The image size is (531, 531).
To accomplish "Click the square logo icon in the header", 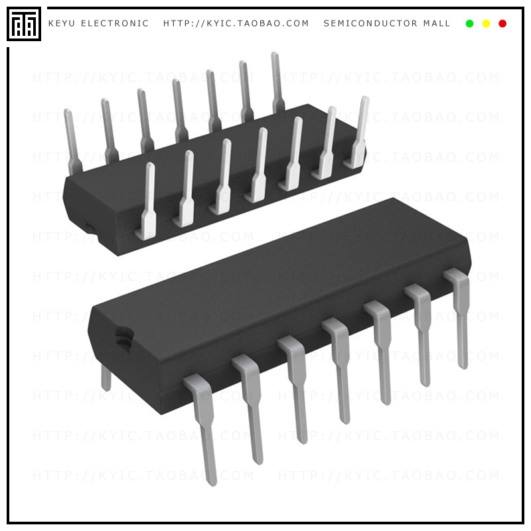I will tap(24, 24).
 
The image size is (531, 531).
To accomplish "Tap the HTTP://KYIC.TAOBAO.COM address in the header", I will tap(236, 24).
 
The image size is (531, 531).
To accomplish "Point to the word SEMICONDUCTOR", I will tap(370, 24).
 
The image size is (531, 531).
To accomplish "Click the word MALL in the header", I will tap(437, 24).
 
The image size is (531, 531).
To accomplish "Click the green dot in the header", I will tap(470, 24).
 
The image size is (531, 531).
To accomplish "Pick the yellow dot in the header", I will tap(486, 24).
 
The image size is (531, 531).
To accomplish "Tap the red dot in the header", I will tap(502, 24).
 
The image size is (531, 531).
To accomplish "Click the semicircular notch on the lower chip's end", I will tap(121, 336).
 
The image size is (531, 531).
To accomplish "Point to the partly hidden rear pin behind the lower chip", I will tap(106, 378).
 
